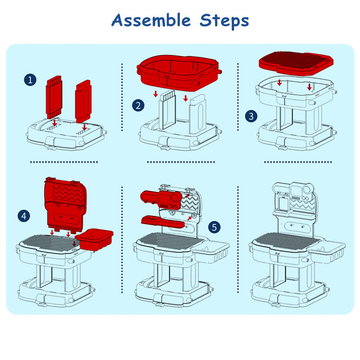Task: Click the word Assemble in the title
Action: click(x=151, y=20)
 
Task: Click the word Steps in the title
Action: click(x=224, y=21)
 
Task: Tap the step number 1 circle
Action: click(x=30, y=80)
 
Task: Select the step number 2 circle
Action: click(x=138, y=105)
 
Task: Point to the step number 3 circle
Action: click(x=251, y=116)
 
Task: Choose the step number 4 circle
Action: click(x=24, y=216)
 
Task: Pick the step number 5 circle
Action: click(x=214, y=227)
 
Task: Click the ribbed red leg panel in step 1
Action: click(x=54, y=97)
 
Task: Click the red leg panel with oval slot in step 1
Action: click(x=83, y=101)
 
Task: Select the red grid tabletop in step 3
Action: click(x=296, y=63)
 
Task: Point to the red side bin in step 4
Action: click(x=94, y=239)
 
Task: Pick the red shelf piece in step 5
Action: click(x=162, y=221)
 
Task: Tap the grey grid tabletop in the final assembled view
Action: click(x=287, y=241)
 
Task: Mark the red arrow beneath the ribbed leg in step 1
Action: click(x=54, y=123)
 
